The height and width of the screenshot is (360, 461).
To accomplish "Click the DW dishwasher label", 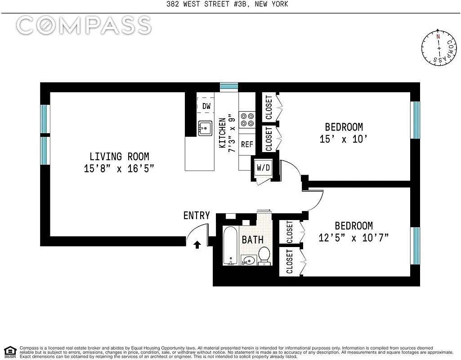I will point(206,107).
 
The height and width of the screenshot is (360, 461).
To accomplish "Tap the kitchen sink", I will point(206,128).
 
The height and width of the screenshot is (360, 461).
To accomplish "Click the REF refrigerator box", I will point(247,144).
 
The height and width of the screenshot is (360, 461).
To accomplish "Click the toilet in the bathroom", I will point(264,256).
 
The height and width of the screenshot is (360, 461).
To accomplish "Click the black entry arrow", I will point(197,244).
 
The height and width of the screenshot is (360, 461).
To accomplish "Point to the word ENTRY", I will point(197,216).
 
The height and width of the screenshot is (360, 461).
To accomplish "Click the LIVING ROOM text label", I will point(119,157).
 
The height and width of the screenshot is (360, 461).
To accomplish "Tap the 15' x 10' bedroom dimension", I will point(344,139).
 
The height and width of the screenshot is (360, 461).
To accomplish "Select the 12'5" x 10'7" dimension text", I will point(354,238).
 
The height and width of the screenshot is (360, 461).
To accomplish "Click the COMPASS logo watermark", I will point(84,25).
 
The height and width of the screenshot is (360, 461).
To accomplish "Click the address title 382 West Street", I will point(230,4).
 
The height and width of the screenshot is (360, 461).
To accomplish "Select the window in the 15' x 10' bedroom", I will point(416,120).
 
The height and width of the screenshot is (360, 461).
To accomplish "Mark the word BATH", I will point(253,239).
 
